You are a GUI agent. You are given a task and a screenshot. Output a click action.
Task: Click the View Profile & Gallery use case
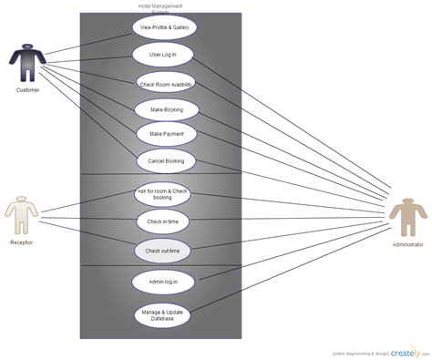tap(165, 27)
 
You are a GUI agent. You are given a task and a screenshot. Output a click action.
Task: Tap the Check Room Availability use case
tap(166, 84)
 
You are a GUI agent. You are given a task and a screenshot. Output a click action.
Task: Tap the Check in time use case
tap(163, 221)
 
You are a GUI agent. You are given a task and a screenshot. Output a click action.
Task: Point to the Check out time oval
tap(163, 249)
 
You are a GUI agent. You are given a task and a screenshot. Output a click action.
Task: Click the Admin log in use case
tap(161, 282)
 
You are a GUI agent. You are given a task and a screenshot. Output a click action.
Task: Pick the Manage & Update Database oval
tap(162, 314)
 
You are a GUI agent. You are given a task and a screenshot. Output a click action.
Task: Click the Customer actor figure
tap(26, 64)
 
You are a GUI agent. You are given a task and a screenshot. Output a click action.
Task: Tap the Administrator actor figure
tap(406, 223)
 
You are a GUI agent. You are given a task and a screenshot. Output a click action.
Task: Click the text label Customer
tap(27, 90)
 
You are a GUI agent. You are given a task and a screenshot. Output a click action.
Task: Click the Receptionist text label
tap(22, 242)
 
